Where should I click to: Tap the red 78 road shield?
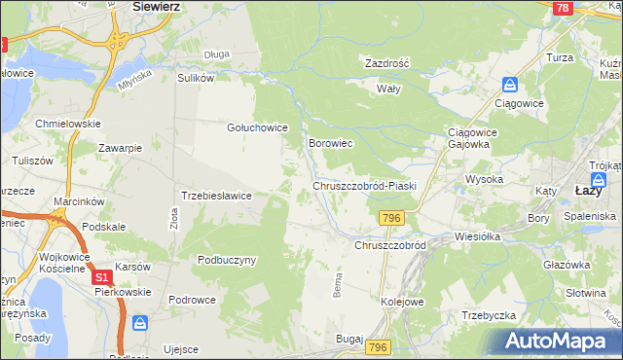[561, 8]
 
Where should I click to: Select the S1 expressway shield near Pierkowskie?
[102, 277]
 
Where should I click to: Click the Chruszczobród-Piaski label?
[364, 186]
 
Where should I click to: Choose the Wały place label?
[389, 88]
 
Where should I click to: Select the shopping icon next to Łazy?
[601, 179]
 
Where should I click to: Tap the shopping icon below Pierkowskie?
[141, 322]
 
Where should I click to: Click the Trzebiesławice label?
[217, 196]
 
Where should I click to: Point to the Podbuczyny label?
[227, 260]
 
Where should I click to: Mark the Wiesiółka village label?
[477, 236]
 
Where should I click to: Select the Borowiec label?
[330, 143]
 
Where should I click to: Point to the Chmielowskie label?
[68, 124]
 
